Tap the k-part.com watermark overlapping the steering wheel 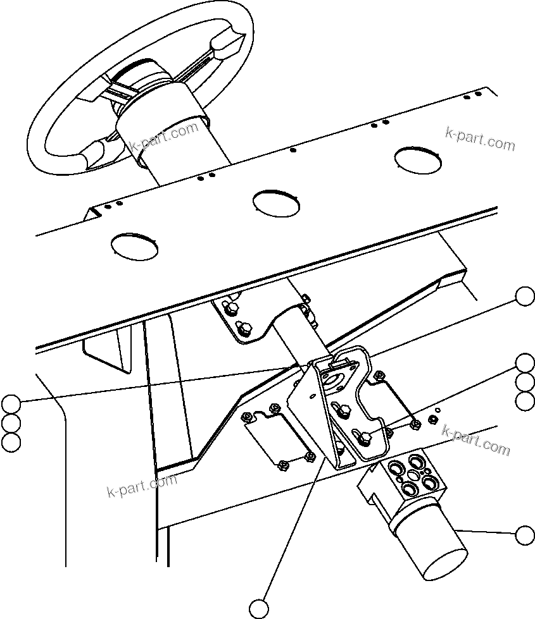coord(165,136)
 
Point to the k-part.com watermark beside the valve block coord(476,440)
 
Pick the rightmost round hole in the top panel coord(418,159)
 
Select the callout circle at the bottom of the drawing coord(258,608)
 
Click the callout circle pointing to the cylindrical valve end coord(525,535)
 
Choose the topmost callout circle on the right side coord(525,296)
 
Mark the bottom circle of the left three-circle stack coord(11,442)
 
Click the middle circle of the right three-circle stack coord(525,382)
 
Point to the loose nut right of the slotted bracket coord(432,419)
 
